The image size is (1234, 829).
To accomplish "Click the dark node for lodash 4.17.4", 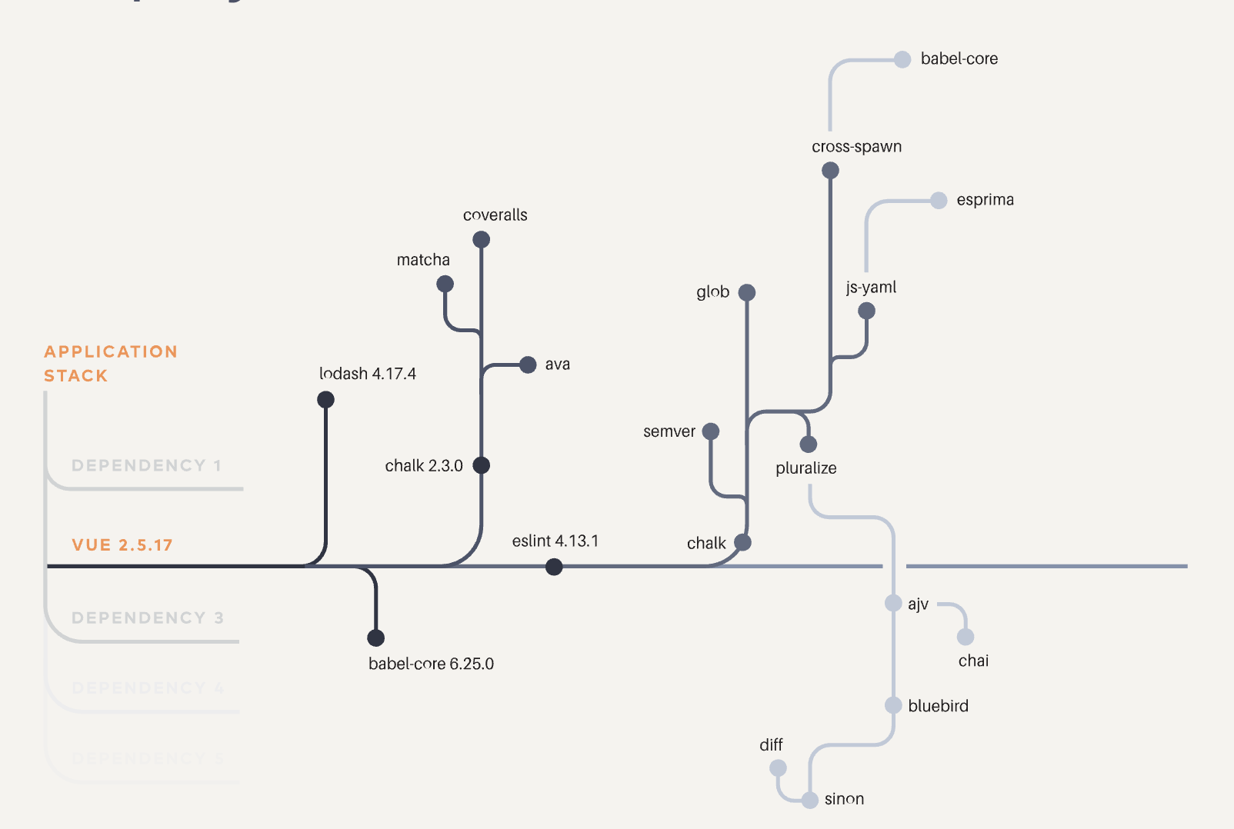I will [x=325, y=400].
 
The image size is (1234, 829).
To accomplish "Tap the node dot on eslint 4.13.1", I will [x=554, y=568].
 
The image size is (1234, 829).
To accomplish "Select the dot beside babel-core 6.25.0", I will [x=375, y=638].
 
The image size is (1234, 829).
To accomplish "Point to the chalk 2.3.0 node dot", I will [x=481, y=465].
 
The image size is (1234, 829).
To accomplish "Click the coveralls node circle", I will [x=481, y=240].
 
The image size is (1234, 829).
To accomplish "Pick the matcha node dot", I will [x=445, y=285].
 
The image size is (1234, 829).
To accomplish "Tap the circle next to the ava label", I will [x=528, y=365].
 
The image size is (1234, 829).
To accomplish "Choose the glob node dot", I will [x=746, y=293].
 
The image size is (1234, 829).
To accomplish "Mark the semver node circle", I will [x=711, y=431].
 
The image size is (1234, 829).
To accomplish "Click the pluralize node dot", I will [x=808, y=444].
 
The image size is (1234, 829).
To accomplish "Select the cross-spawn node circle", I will [x=830, y=171].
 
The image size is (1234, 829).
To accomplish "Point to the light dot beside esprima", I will [x=939, y=201].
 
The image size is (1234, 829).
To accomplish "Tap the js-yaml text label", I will [x=871, y=288].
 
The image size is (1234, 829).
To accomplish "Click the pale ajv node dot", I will [x=893, y=603].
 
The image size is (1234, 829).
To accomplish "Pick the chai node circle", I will [x=966, y=637].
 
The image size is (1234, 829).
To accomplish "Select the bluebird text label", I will [x=938, y=706].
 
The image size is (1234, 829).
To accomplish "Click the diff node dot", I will [x=778, y=768].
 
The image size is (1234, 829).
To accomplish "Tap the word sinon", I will [x=844, y=799].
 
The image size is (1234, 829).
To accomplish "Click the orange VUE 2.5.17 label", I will [x=122, y=545].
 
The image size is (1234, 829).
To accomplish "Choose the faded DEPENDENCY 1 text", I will [x=146, y=465].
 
